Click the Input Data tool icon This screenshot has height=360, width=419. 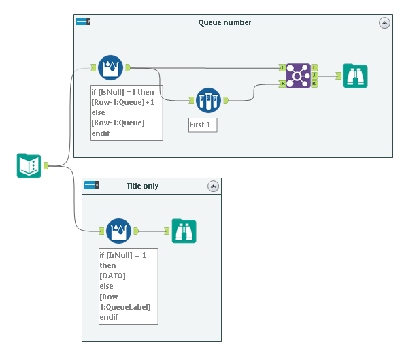click(29, 165)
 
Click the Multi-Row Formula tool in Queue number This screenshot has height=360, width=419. click(110, 67)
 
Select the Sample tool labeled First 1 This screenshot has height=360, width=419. click(207, 100)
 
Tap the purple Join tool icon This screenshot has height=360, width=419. click(297, 76)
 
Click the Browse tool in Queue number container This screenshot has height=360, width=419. click(355, 76)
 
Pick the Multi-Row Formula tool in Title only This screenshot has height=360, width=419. click(118, 231)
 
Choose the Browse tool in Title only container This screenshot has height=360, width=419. click(184, 231)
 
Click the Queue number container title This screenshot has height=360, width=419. click(224, 22)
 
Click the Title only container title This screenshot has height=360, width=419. click(142, 186)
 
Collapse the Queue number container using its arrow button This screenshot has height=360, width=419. click(384, 22)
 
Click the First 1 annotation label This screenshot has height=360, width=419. click(203, 125)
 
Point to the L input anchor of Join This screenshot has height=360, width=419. click(282, 68)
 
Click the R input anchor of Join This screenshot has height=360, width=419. click(282, 84)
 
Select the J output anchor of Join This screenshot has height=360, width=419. click(314, 76)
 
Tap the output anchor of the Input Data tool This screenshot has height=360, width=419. click(46, 165)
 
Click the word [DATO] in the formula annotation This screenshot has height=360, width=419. click(113, 276)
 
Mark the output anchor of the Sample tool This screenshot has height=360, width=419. click(226, 100)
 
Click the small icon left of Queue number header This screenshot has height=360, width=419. click(83, 22)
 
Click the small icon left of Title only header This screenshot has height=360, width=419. click(91, 185)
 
